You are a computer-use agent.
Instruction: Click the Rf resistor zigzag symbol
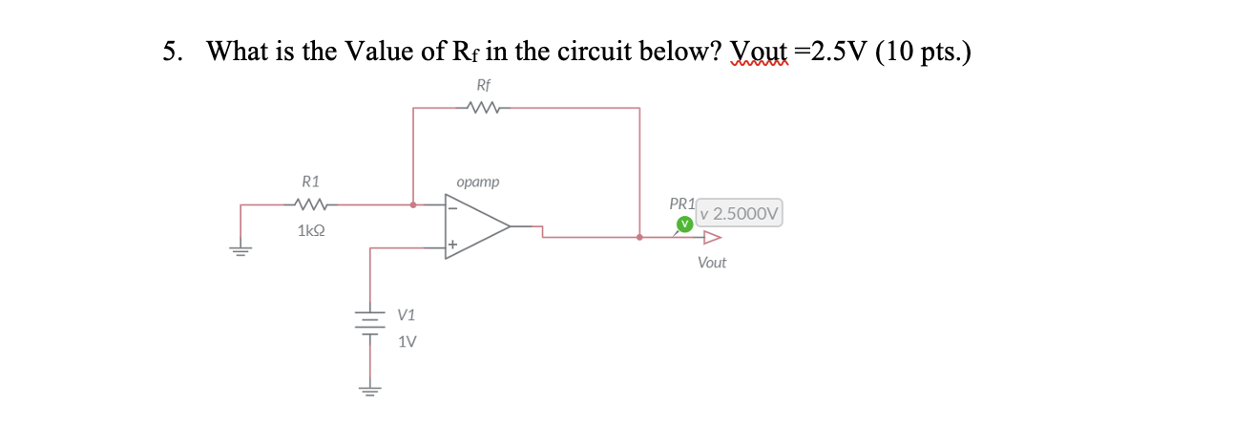[484, 108]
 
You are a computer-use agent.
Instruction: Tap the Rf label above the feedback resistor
[484, 85]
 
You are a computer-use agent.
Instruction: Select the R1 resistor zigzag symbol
[311, 203]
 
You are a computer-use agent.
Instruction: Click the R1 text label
[311, 181]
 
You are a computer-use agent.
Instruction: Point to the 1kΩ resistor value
[311, 230]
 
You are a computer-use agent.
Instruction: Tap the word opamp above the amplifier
[477, 181]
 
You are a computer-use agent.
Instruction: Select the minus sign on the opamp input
[452, 205]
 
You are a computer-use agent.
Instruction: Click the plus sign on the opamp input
[452, 246]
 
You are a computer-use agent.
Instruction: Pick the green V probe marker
[683, 224]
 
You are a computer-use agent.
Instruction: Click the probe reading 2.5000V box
[740, 214]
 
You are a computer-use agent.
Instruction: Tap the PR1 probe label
[682, 203]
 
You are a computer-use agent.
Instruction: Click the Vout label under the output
[711, 263]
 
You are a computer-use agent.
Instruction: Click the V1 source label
[407, 314]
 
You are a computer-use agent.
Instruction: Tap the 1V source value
[407, 341]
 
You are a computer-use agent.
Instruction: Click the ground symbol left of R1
[240, 250]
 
